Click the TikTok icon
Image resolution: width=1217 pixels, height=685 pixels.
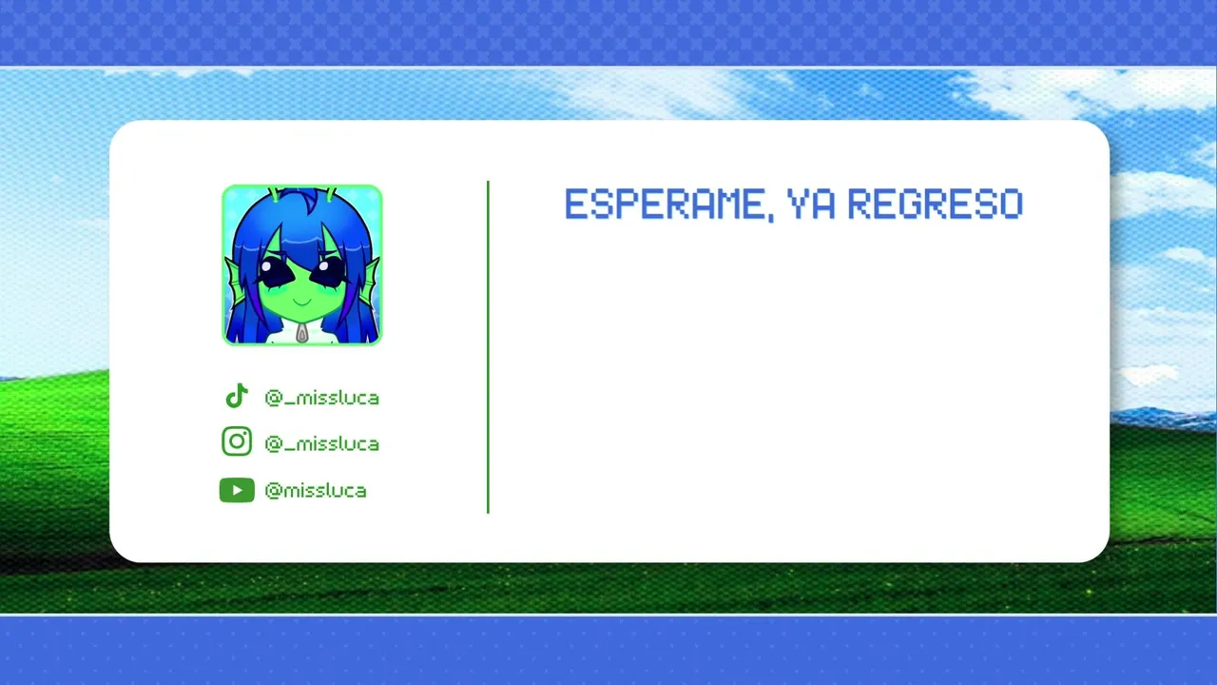tap(237, 396)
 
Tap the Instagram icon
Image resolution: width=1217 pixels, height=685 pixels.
tap(237, 440)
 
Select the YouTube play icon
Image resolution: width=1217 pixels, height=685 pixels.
tap(237, 490)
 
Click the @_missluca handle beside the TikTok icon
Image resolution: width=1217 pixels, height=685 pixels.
tap(321, 398)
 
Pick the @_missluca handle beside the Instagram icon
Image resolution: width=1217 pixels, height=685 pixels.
tap(321, 444)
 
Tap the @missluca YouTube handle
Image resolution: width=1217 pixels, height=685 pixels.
tap(316, 490)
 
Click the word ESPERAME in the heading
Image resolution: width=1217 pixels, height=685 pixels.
tap(664, 204)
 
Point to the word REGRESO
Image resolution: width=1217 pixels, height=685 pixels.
tap(936, 204)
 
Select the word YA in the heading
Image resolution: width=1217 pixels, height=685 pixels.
tap(811, 204)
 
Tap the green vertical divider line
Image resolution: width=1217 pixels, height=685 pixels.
tap(488, 347)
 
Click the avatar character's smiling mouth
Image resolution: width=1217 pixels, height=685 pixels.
tap(302, 302)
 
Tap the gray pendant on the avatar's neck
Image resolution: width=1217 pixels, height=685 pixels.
tap(302, 334)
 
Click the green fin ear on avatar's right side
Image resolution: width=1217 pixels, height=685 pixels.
tap(372, 280)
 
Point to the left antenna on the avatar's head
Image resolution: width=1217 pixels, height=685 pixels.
tap(276, 193)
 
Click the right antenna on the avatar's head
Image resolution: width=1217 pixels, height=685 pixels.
tap(329, 193)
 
